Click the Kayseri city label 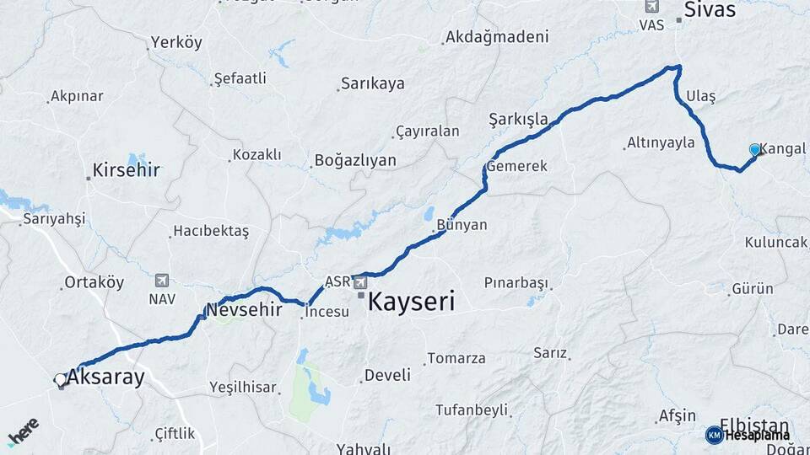coord(413,302)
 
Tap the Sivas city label coord(710,10)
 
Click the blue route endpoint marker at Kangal coord(754,149)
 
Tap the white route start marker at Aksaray coord(61,380)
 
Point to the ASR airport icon coord(359,281)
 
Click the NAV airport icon coord(161,280)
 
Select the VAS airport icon coord(651,6)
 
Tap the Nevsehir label coord(244,308)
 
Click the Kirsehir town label coord(127,170)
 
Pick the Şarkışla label coord(518,119)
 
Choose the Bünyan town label coord(462,226)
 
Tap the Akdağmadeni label coord(497,37)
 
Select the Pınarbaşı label coord(516,282)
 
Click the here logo coord(24,431)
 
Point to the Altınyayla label coord(661,142)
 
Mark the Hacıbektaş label coord(211,231)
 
